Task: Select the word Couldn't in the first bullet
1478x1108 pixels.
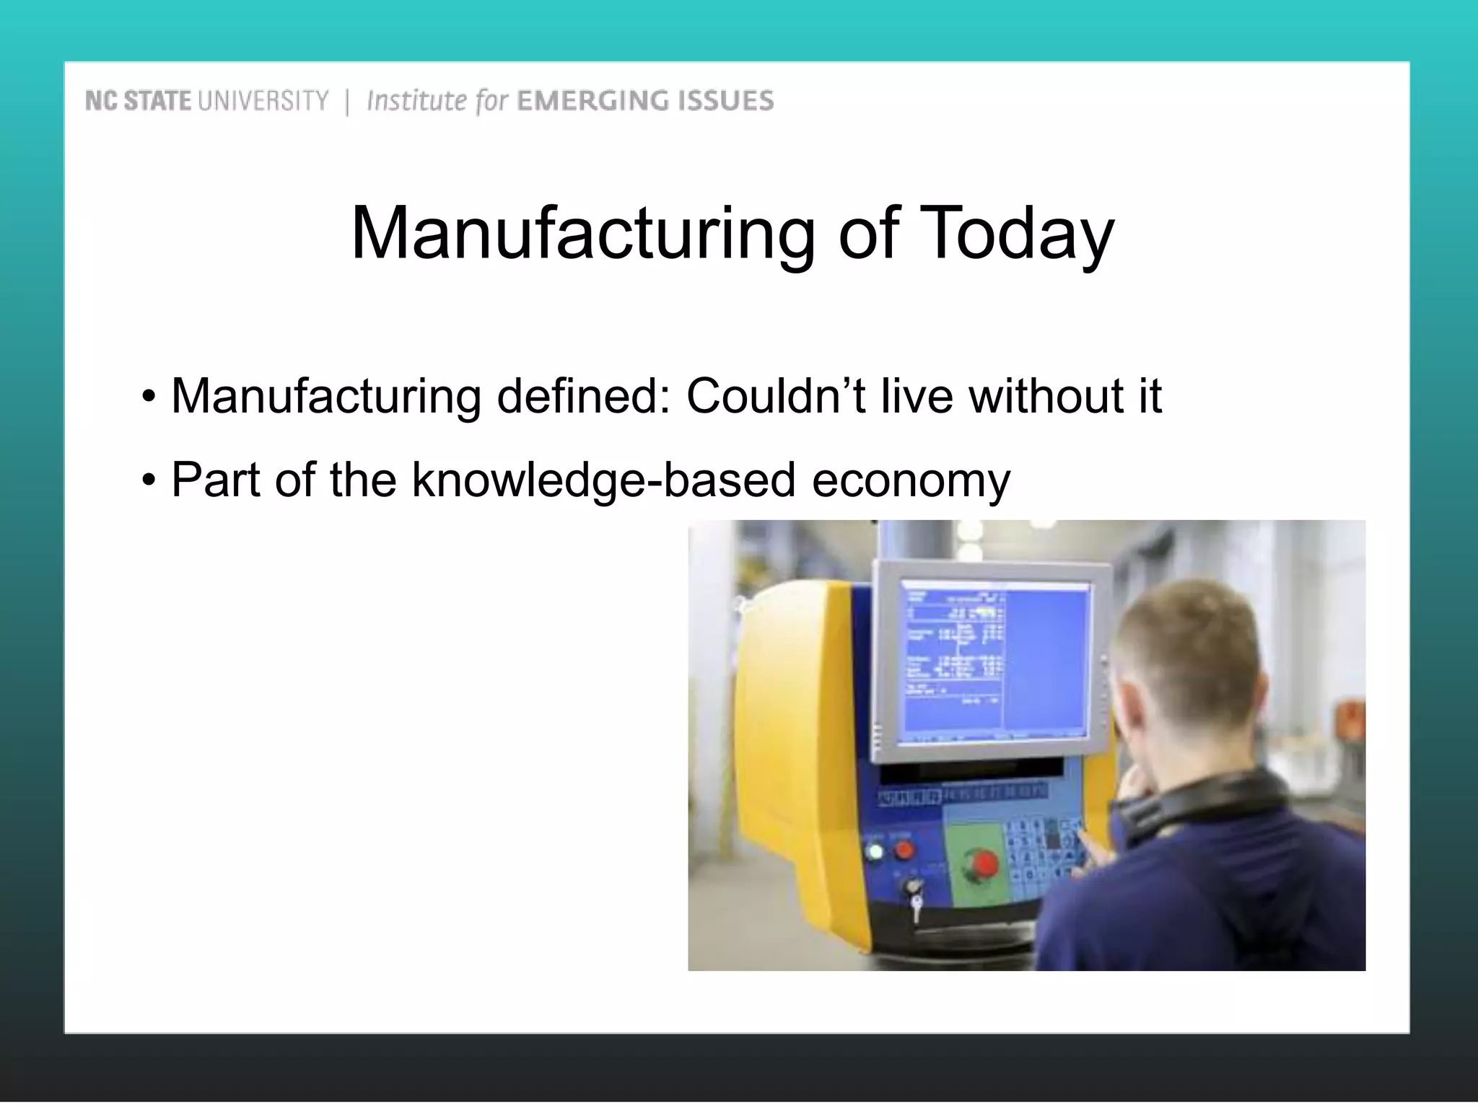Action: [x=775, y=396]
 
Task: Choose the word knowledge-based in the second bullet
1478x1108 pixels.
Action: [x=603, y=480]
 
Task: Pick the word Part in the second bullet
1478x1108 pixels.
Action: [x=215, y=480]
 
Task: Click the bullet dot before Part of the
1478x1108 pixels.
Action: [x=149, y=480]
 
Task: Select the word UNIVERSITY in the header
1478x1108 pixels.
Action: [x=263, y=100]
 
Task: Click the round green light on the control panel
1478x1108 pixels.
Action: [x=875, y=852]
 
